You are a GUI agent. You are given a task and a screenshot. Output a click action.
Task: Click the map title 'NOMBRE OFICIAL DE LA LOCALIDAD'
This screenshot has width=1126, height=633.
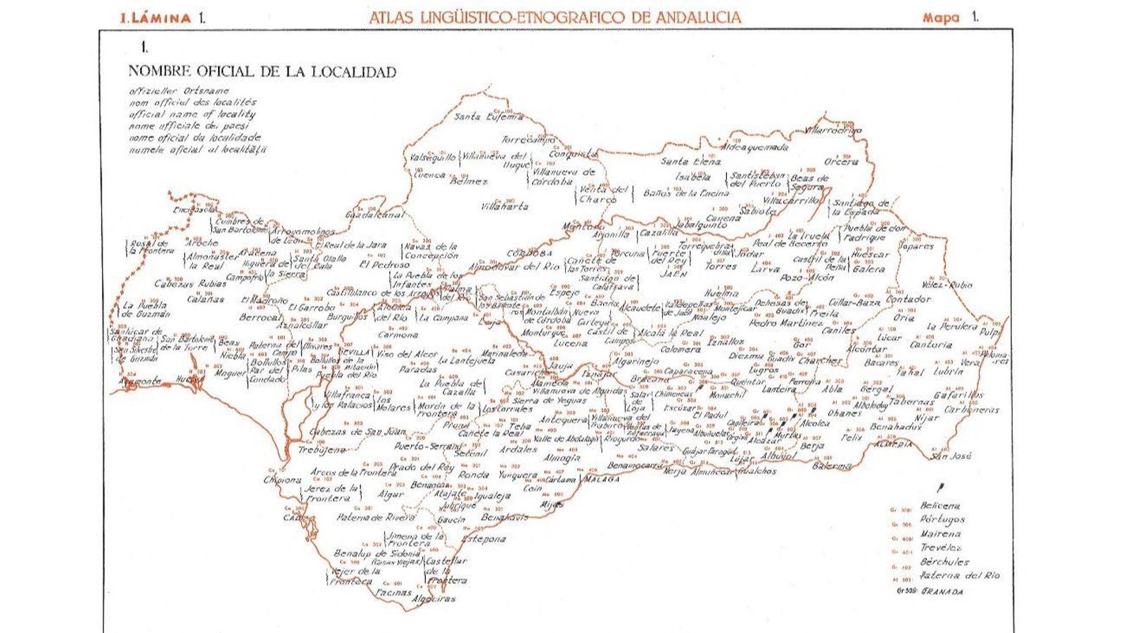(x=262, y=72)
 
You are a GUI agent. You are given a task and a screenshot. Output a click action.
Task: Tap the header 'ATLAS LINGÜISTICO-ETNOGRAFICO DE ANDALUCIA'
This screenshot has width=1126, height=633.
(x=555, y=18)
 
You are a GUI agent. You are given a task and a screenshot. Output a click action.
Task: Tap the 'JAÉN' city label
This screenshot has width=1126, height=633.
(x=673, y=275)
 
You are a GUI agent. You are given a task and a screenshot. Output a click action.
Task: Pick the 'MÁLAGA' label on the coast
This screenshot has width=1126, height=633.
(x=601, y=480)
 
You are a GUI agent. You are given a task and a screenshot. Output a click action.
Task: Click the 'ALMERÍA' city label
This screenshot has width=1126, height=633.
(x=893, y=445)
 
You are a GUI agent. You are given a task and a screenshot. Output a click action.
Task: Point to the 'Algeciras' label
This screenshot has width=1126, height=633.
(x=436, y=599)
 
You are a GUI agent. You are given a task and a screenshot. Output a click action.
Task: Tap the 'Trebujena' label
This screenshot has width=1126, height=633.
(x=322, y=449)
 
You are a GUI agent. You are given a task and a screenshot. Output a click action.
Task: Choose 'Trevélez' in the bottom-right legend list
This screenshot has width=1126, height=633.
(x=941, y=548)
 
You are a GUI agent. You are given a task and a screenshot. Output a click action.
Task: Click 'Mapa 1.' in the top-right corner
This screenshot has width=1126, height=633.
(x=950, y=18)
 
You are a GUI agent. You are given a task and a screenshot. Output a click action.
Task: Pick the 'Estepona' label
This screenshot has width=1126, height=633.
(x=484, y=539)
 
